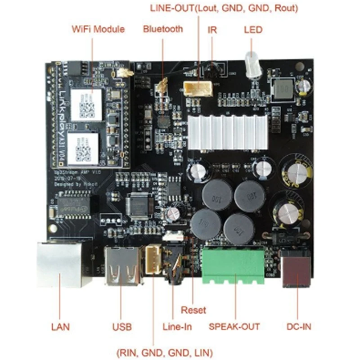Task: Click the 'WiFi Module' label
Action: click(98, 30)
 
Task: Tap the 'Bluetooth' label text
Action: click(163, 29)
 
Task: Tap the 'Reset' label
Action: click(193, 310)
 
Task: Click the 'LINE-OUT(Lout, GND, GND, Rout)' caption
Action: click(224, 8)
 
